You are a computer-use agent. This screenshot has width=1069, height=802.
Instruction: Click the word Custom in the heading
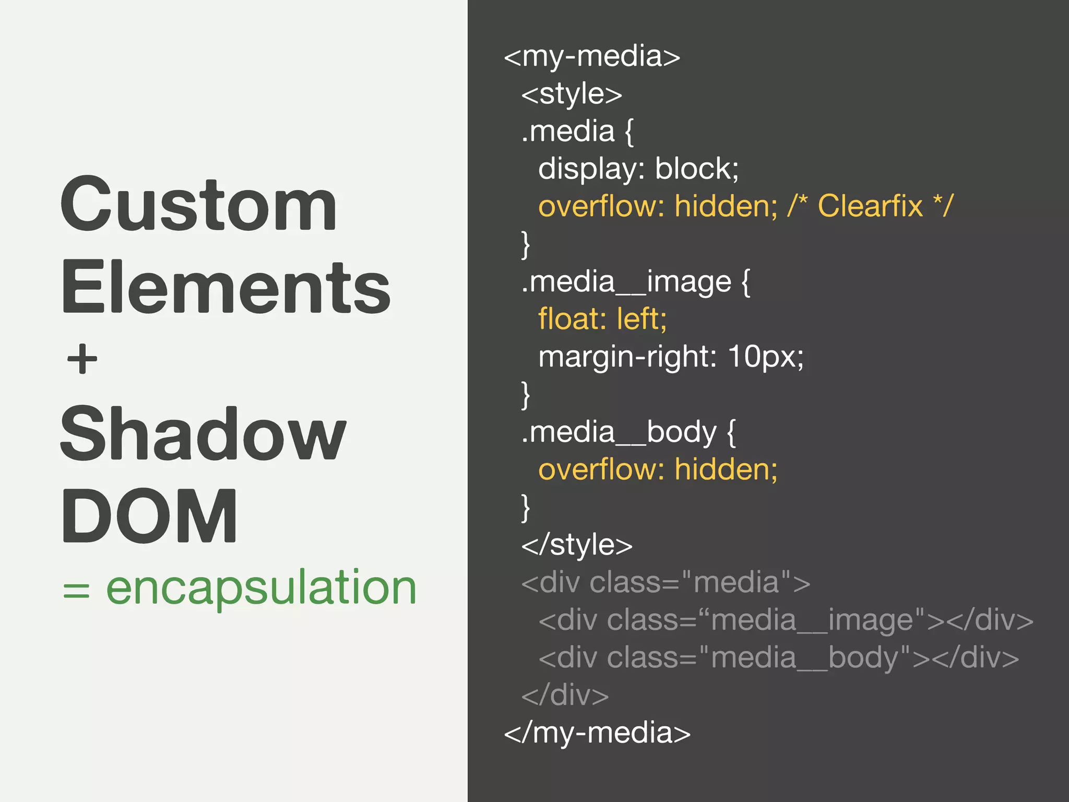198,205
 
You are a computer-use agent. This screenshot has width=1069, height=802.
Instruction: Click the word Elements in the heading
225,287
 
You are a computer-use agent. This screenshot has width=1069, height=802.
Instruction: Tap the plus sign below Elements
82,359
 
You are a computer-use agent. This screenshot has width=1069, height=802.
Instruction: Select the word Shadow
203,434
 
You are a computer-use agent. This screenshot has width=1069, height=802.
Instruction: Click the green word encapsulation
261,588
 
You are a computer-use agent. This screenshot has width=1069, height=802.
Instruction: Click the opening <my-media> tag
592,56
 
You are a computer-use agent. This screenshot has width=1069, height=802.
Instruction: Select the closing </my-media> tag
597,733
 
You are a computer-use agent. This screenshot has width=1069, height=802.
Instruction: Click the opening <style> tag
572,94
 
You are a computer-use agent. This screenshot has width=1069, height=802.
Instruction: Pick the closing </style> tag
577,545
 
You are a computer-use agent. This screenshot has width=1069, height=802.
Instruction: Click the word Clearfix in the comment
870,206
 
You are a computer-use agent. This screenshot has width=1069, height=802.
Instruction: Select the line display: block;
638,169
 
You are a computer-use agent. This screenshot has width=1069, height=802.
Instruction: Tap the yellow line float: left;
602,319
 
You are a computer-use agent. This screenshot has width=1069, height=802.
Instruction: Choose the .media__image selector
626,282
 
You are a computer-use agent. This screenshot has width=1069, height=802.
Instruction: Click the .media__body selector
619,433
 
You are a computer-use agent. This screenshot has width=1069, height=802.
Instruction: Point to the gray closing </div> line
565,695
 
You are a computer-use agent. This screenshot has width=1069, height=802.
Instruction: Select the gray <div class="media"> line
666,583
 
